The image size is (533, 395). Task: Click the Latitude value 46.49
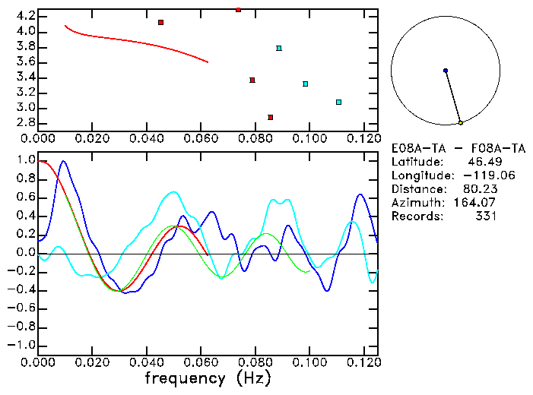[481, 161]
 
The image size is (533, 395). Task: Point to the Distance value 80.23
[478, 188]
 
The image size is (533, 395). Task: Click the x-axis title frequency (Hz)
[207, 378]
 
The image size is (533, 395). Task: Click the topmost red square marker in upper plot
[239, 10]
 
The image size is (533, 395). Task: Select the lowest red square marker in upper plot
[271, 117]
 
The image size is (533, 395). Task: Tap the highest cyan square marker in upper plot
[279, 49]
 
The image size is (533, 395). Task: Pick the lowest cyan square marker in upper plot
[338, 102]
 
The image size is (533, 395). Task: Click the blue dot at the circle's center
[446, 71]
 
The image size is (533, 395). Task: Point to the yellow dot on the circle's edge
[461, 122]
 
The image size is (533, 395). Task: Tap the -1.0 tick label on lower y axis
[21, 345]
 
